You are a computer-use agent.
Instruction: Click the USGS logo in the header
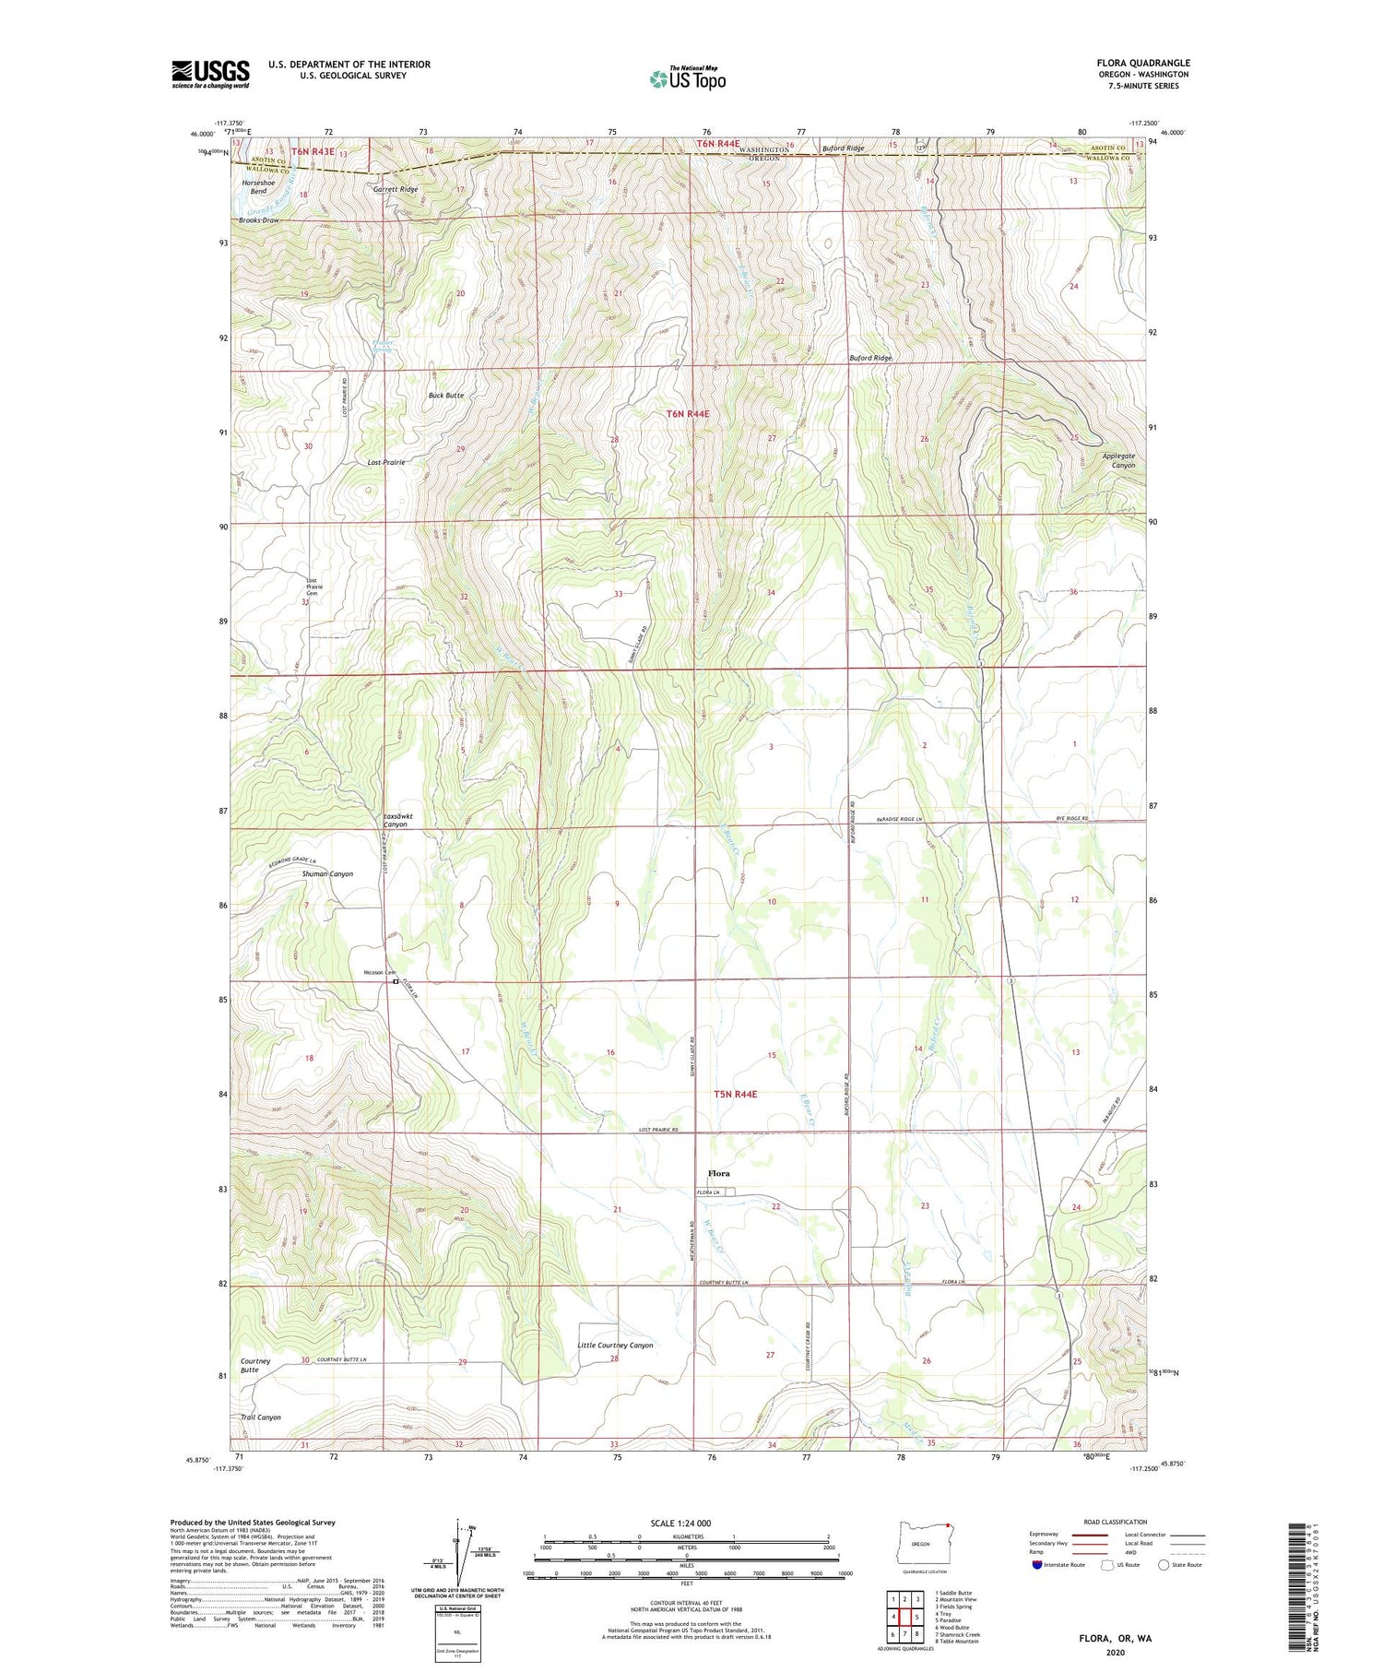pyautogui.click(x=210, y=74)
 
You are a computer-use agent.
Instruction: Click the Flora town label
pyautogui.click(x=718, y=1173)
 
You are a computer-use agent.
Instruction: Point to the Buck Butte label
pyautogui.click(x=446, y=395)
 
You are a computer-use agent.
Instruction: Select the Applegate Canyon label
pyautogui.click(x=1118, y=460)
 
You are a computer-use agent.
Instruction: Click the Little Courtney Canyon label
pyautogui.click(x=615, y=1345)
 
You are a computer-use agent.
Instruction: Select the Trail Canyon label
pyautogui.click(x=260, y=1417)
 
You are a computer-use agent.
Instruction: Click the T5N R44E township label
pyautogui.click(x=735, y=1094)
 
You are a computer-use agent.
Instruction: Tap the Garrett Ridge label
pyautogui.click(x=396, y=189)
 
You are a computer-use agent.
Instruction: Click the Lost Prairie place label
pyautogui.click(x=386, y=461)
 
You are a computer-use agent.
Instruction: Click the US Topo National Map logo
pyautogui.click(x=687, y=78)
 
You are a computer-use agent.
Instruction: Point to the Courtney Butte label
pyautogui.click(x=255, y=1365)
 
